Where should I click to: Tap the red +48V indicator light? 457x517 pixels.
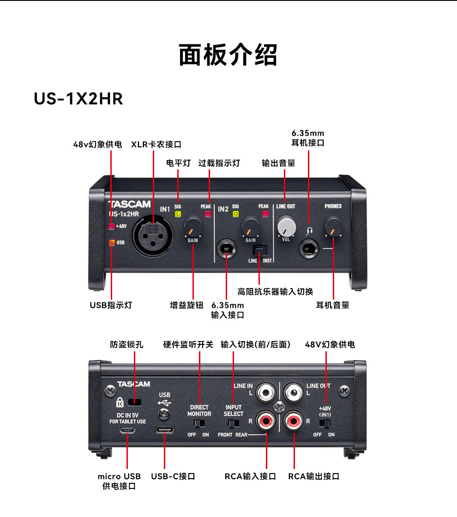(111, 226)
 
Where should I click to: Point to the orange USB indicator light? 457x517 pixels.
(111, 242)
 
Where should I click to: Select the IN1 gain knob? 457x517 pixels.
(193, 226)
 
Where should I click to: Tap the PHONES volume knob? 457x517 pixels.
(333, 226)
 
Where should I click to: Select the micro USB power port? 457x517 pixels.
(127, 431)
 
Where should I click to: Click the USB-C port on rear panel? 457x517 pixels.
(164, 431)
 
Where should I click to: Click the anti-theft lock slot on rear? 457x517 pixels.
(135, 401)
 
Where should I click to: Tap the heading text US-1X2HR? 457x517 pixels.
(78, 98)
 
